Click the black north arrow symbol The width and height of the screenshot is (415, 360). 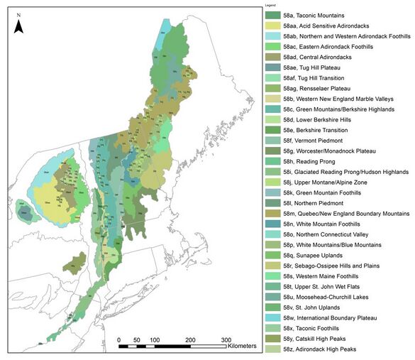pos(21,26)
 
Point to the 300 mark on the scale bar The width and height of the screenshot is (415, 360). pos(225,340)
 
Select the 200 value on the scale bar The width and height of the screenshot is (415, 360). pos(189,340)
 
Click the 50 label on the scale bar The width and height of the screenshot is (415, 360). pos(136,340)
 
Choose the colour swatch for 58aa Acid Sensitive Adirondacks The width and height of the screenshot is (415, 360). pos(272,26)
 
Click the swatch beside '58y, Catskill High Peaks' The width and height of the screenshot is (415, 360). pos(272,339)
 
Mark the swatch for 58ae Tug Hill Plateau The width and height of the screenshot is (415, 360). pos(272,67)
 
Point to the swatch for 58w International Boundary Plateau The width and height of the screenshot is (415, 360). pos(272,318)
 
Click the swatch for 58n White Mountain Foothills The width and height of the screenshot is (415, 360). pos(272,224)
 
